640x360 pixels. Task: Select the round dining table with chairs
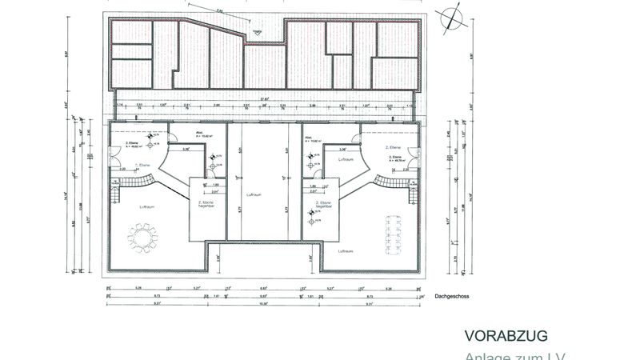coord(143,237)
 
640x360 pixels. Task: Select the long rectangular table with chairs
coord(395,233)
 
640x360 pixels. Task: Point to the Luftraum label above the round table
coord(147,206)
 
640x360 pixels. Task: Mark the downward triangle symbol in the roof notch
coord(257,34)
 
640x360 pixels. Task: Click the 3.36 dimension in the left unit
coord(186,149)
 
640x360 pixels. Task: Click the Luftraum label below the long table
coord(346,250)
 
